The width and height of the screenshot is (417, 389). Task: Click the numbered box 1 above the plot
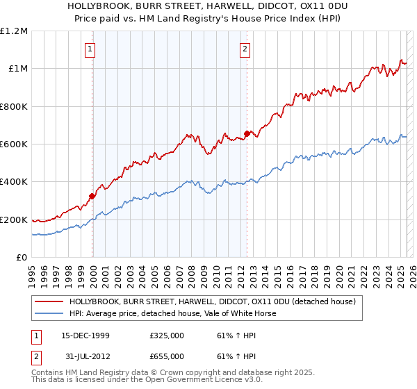coord(92,49)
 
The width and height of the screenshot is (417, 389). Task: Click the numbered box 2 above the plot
coord(246,49)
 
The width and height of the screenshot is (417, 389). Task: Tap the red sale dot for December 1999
coord(92,197)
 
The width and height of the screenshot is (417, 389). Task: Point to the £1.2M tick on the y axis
coord(14,31)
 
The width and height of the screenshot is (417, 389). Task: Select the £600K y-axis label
coord(14,144)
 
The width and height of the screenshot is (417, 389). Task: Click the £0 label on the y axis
coord(22,258)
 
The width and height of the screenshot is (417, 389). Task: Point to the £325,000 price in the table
coord(166,335)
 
